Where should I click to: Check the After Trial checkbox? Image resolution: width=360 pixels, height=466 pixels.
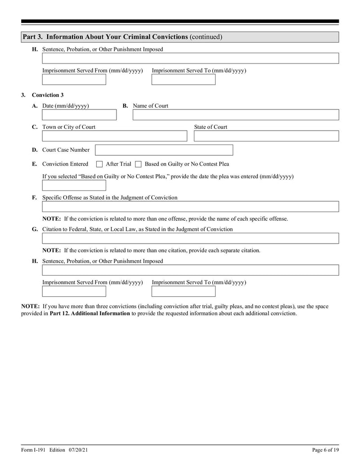[x=100, y=164]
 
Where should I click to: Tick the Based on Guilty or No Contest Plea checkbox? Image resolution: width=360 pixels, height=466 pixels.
[x=139, y=164]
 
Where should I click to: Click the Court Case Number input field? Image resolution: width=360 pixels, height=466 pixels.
[x=164, y=150]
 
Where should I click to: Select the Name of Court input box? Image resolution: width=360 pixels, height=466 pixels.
[x=235, y=115]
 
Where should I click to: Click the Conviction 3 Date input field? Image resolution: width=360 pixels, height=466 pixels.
[x=79, y=115]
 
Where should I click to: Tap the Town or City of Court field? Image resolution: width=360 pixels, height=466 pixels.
[x=114, y=136]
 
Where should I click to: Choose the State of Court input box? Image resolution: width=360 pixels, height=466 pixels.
[x=266, y=136]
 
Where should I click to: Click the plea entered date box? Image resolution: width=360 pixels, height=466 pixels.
[x=74, y=185]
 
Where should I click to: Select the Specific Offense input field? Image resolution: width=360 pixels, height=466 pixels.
[x=190, y=207]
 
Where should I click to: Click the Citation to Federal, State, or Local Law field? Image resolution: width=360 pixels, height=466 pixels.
[x=190, y=238]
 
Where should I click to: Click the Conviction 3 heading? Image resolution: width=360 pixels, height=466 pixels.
[x=48, y=95]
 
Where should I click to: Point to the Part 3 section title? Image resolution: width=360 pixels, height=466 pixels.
[x=122, y=37]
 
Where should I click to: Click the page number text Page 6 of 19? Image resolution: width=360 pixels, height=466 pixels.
[x=325, y=450]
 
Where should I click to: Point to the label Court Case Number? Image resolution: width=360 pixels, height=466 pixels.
[x=66, y=150]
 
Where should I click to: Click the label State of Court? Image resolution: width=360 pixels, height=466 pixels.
[x=211, y=127]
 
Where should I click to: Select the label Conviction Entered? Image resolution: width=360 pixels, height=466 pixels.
[x=65, y=164]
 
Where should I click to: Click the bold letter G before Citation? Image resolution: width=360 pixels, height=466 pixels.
[x=35, y=229]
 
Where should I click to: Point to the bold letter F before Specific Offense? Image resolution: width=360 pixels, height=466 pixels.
[x=35, y=198]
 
